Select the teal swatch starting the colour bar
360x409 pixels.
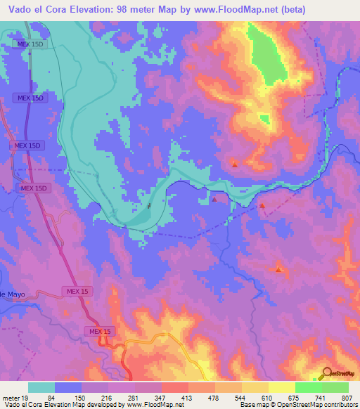pos(41,387)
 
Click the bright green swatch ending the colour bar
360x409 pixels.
pos(335,387)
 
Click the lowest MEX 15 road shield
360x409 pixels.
pos(101,330)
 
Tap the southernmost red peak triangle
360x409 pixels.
pos(279,269)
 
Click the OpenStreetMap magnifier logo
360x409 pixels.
pos(327,372)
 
